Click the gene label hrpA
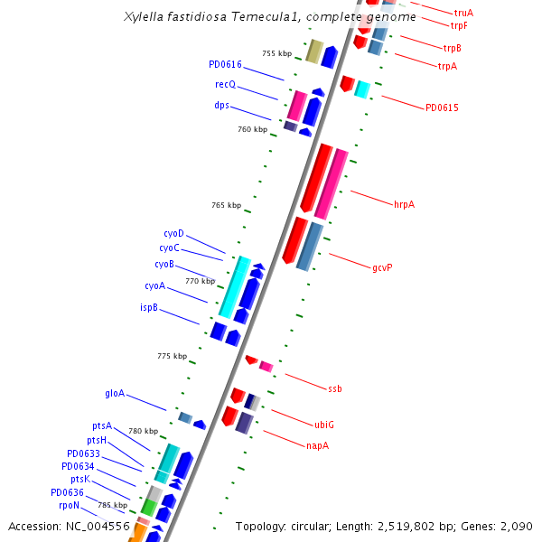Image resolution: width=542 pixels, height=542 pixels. click(x=404, y=204)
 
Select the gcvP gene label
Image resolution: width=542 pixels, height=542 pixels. click(x=382, y=267)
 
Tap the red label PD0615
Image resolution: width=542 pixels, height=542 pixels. click(x=442, y=108)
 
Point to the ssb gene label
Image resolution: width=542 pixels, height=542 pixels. click(x=335, y=388)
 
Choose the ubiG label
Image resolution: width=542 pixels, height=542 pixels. click(x=324, y=424)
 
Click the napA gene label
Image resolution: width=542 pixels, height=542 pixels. click(x=317, y=445)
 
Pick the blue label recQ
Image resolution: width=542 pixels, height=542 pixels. click(x=225, y=84)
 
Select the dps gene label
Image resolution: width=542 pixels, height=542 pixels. click(x=221, y=106)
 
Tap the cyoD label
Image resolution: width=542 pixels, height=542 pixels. click(x=173, y=233)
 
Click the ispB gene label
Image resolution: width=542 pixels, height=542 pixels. click(x=149, y=307)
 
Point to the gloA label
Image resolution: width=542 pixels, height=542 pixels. click(x=115, y=394)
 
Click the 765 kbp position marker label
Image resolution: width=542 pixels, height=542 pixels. click(x=226, y=205)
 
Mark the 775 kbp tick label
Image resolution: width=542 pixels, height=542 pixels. click(x=172, y=356)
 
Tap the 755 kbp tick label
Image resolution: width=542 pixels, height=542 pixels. click(x=276, y=54)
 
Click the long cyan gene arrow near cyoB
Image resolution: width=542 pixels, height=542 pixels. click(x=235, y=287)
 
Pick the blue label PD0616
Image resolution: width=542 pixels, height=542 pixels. click(x=225, y=64)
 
